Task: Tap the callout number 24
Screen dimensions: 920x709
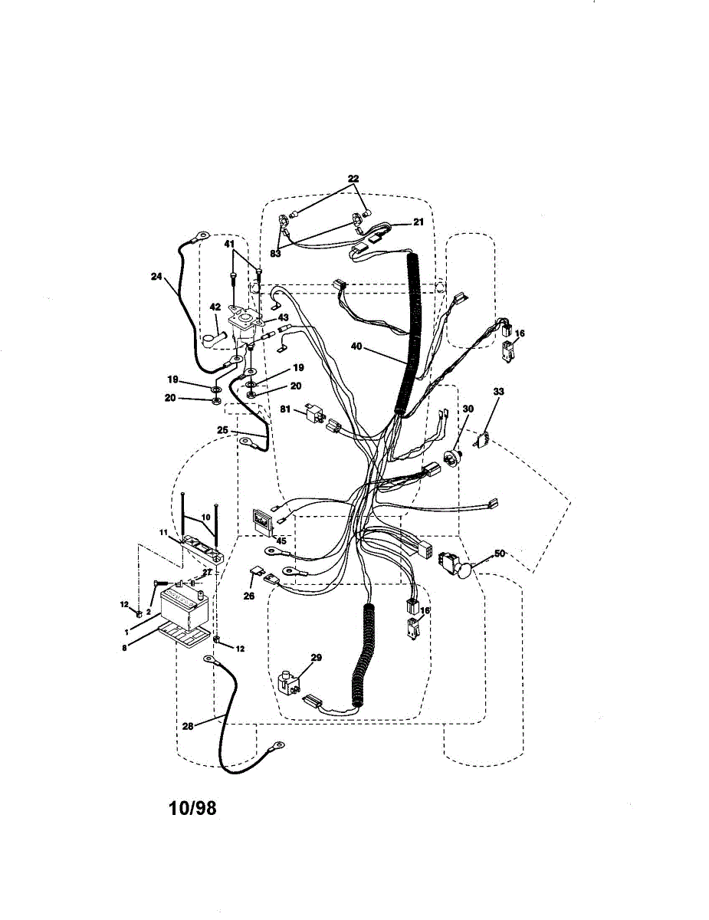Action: coord(156,277)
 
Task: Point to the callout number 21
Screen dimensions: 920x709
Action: coord(418,222)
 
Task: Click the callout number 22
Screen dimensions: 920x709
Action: coord(353,179)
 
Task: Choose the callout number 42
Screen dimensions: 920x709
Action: coord(215,307)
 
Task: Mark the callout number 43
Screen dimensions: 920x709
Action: coord(283,317)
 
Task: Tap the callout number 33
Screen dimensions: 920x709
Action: coord(498,392)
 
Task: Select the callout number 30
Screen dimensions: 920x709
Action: coord(468,409)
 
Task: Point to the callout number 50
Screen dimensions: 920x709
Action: coord(501,553)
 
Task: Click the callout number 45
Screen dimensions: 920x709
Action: coord(281,541)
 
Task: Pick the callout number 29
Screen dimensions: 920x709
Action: coord(316,657)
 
